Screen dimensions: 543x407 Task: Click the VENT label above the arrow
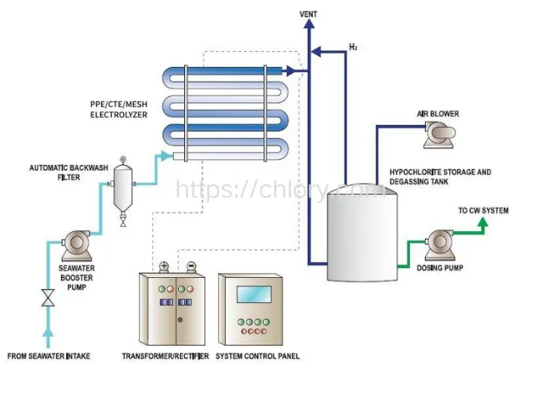(x=308, y=14)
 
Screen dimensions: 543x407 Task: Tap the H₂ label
(x=353, y=47)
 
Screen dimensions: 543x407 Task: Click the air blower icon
(x=439, y=135)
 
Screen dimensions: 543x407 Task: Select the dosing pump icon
(x=440, y=245)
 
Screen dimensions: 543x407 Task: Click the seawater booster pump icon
(x=76, y=245)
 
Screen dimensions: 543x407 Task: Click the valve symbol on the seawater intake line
(x=48, y=297)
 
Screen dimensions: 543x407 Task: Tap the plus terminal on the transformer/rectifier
(x=164, y=266)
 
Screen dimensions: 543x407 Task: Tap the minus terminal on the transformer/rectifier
(x=191, y=266)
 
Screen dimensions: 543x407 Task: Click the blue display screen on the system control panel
(x=254, y=294)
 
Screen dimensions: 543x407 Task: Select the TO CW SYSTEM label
(x=484, y=210)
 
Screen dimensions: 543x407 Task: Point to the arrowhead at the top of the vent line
(x=309, y=24)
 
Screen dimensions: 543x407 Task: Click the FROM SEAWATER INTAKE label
(x=49, y=356)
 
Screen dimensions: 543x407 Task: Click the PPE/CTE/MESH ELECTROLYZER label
(x=119, y=109)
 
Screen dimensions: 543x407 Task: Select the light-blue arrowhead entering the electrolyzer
(x=166, y=156)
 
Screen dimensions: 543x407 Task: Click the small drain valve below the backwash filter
(x=123, y=220)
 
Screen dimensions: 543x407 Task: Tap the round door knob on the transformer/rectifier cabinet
(x=180, y=320)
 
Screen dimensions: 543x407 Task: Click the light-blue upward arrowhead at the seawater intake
(x=48, y=332)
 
